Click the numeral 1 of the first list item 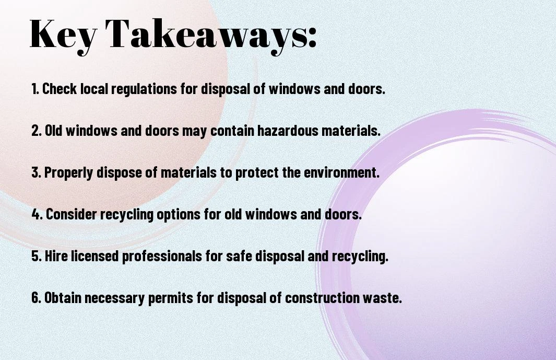[x=34, y=89]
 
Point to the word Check [x=60, y=89]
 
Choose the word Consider [x=72, y=214]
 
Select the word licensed [x=95, y=256]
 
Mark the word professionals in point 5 [x=162, y=257]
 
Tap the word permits [x=171, y=298]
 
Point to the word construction [x=322, y=297]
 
